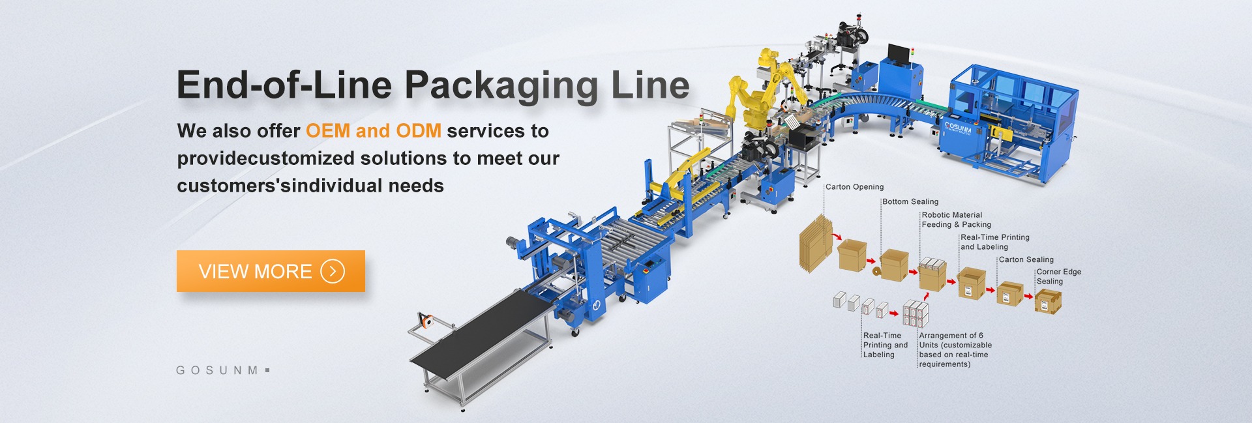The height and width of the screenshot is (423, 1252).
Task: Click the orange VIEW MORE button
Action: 270,271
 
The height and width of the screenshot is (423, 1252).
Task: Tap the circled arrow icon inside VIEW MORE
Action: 333,271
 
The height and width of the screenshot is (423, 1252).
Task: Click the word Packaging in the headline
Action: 501,86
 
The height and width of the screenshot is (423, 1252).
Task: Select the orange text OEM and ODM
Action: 374,131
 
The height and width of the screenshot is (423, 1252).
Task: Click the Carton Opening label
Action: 854,187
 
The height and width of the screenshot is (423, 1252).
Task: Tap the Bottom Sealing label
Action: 910,202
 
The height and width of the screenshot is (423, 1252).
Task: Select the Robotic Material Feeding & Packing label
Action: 956,220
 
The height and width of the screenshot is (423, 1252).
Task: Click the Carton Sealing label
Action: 1026,259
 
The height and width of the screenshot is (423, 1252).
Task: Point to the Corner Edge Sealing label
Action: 1058,276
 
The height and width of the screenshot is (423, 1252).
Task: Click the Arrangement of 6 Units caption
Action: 955,350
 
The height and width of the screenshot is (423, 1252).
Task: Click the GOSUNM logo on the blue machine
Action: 958,127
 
